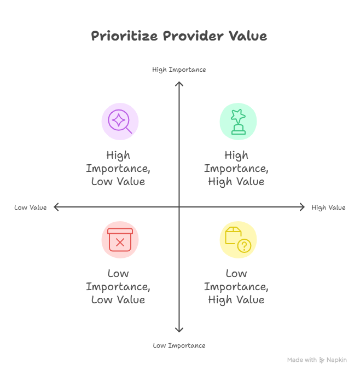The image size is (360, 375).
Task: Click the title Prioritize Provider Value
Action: (x=179, y=37)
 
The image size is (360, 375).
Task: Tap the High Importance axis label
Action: (x=179, y=70)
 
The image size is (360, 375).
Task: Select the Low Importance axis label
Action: (x=179, y=345)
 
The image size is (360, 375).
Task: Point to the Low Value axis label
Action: (x=31, y=207)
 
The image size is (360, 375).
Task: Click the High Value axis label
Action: (x=328, y=207)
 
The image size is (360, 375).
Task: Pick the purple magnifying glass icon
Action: (x=120, y=121)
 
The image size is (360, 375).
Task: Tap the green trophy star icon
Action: (x=238, y=121)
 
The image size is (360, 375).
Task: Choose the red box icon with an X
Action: (x=120, y=240)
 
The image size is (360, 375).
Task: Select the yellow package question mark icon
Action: (x=238, y=240)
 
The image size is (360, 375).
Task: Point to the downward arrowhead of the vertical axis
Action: (x=179, y=330)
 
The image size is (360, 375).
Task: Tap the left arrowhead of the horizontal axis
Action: (x=56, y=207)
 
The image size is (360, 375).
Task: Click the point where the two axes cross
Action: (x=179, y=207)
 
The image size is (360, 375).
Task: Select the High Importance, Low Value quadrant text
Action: (x=118, y=168)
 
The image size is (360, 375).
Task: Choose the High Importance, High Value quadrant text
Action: (x=236, y=168)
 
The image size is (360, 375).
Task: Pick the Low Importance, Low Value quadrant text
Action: (x=118, y=286)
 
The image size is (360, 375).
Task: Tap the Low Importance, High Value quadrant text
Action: (x=236, y=286)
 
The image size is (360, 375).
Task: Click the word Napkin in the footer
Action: (x=336, y=360)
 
